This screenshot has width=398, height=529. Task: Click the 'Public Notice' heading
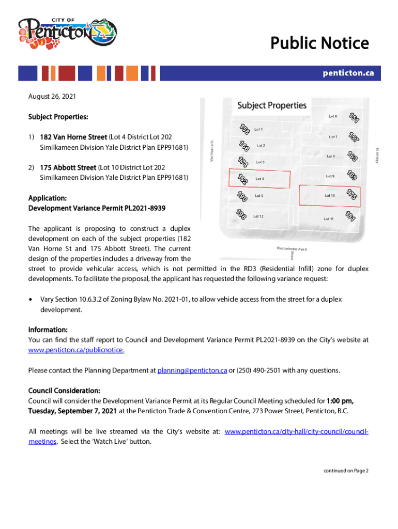pos(320,43)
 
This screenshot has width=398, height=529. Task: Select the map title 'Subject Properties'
pos(271,105)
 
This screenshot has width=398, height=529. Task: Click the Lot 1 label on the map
pos(258,129)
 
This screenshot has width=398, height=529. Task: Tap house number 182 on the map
pos(241,178)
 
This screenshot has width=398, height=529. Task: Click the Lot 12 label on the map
pos(258,216)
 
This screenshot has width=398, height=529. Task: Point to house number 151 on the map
pos(354,118)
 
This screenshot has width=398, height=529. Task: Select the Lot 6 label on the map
pos(333,116)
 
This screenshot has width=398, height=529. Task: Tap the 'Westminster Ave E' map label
pos(292,248)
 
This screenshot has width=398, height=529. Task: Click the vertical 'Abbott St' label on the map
pos(378,155)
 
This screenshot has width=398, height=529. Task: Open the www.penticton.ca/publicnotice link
pos(76,350)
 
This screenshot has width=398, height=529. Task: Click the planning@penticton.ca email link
pos(192,370)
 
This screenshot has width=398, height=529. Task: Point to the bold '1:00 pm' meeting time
pos(341,400)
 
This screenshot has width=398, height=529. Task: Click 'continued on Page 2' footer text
pos(346,471)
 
